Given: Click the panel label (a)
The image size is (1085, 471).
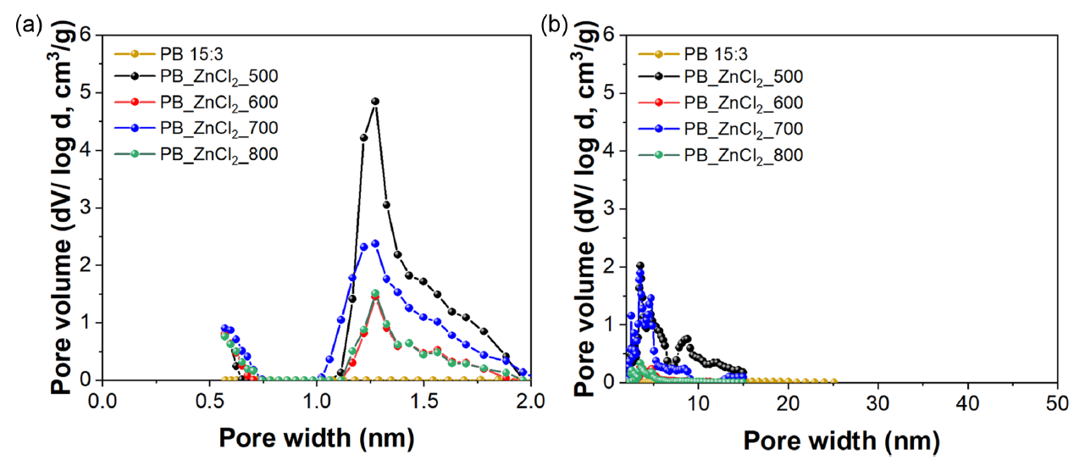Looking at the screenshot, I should tap(25, 25).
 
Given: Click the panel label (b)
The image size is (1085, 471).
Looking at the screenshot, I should tap(556, 25).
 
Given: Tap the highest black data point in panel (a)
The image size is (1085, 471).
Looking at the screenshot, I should tap(375, 102).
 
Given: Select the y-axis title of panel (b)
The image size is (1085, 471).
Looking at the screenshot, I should tap(584, 208).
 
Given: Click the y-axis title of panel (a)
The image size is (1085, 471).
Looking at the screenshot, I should tap(61, 208).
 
